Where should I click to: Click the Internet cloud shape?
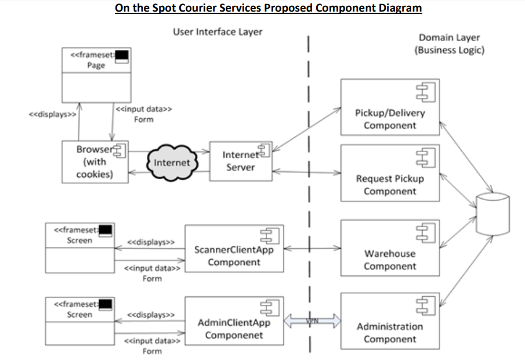(x=172, y=162)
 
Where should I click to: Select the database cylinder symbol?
(x=492, y=214)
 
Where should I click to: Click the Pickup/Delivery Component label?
(x=390, y=119)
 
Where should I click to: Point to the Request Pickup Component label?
(x=390, y=184)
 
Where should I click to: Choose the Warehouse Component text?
(x=390, y=260)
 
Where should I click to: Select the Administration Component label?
(x=390, y=332)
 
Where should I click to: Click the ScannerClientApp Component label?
(x=234, y=256)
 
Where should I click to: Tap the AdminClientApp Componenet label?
(x=234, y=329)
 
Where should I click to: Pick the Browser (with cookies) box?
(x=95, y=162)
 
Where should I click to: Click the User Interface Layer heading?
(x=218, y=31)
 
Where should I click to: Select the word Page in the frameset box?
(x=96, y=66)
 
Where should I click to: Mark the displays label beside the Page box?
(x=53, y=115)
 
